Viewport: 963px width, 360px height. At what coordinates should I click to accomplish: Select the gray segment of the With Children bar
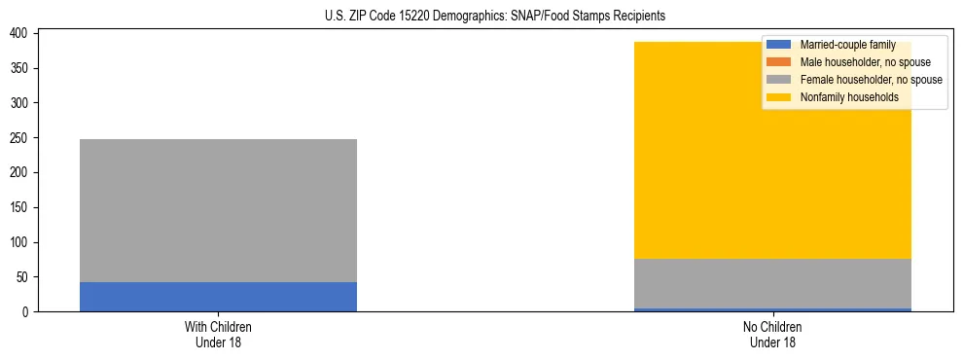[x=218, y=210]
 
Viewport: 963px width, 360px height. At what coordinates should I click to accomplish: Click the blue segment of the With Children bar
[x=218, y=297]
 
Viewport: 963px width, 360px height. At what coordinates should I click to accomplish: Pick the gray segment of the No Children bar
[x=772, y=283]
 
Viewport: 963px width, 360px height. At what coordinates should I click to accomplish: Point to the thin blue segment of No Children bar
[x=772, y=309]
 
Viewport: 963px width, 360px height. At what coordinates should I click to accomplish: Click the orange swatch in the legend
[x=779, y=62]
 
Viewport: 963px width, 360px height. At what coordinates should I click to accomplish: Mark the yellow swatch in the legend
[x=779, y=97]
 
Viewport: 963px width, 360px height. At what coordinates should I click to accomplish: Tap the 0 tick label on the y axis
[x=29, y=312]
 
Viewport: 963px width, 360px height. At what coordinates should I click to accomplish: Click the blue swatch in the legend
[x=779, y=45]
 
